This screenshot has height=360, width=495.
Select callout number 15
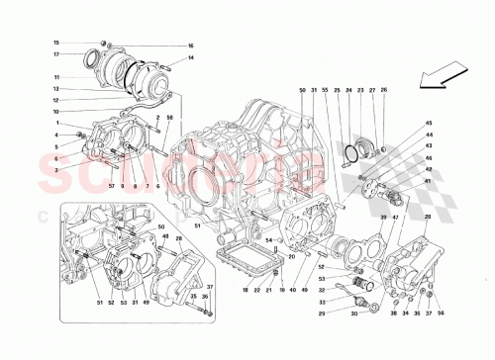(x=56, y=43)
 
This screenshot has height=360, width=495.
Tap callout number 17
(x=56, y=54)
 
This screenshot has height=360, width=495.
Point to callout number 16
(x=191, y=46)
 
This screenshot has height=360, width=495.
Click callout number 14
(x=191, y=60)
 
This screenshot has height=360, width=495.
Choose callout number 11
(x=56, y=76)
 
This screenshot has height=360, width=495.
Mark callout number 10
(x=56, y=111)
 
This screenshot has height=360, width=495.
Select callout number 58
(x=170, y=117)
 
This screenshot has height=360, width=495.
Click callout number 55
(x=324, y=91)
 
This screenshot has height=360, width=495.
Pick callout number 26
(x=385, y=91)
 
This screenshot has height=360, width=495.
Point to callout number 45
(x=429, y=135)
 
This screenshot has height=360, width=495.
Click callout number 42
(x=429, y=168)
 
